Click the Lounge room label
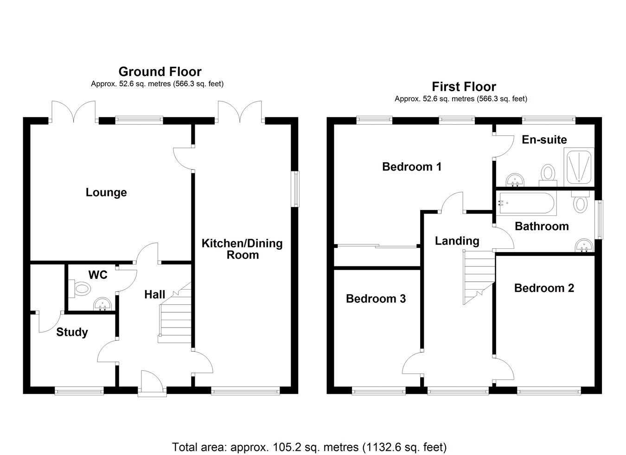[x=106, y=192]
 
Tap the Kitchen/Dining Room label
[x=242, y=249]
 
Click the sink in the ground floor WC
[x=102, y=304]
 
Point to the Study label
[x=72, y=332]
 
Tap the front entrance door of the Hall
[x=153, y=382]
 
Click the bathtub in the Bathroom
[x=526, y=204]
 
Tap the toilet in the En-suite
[x=548, y=175]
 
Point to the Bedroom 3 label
[x=376, y=299]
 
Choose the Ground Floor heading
[x=160, y=72]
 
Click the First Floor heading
[x=464, y=87]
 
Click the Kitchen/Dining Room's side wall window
[x=295, y=189]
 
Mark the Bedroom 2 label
[x=544, y=288]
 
